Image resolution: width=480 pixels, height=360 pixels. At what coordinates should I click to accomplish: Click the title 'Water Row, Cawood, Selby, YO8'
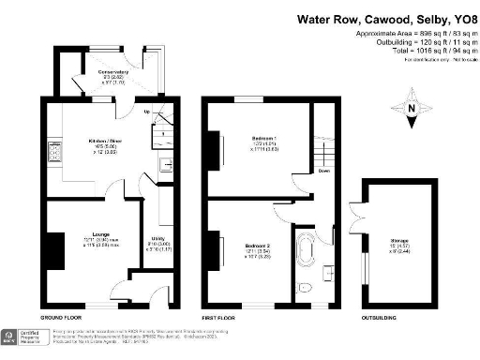pos(387,18)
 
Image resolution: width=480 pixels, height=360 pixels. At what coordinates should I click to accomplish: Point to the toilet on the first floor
pos(302,287)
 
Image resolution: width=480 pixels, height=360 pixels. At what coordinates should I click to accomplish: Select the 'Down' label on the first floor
pos(323,171)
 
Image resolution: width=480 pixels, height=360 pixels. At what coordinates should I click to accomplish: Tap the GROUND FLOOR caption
pos(61,319)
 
